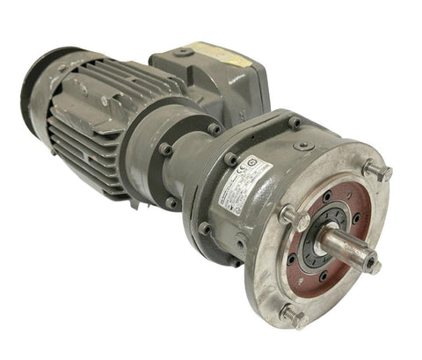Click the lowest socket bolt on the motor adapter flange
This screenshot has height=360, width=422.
204,228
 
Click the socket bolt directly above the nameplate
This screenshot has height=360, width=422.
230,159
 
